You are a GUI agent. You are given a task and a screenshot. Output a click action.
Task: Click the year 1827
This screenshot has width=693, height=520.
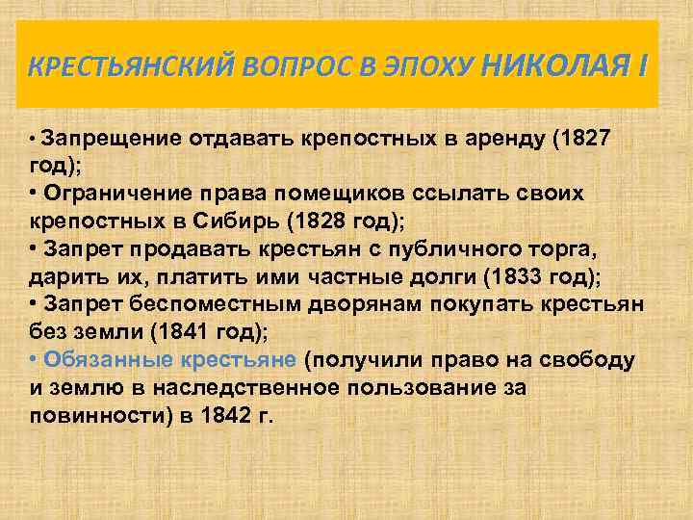(583, 138)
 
